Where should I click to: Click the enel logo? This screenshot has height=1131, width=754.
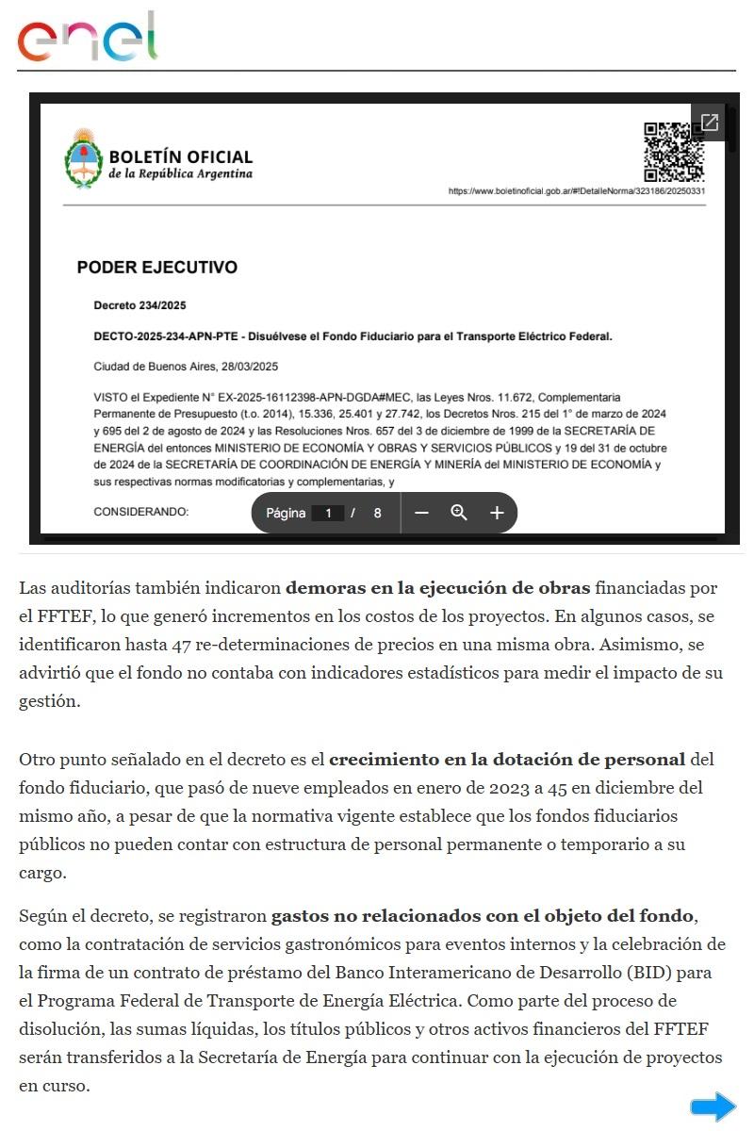(x=87, y=38)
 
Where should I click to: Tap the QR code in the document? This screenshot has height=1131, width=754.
(x=674, y=151)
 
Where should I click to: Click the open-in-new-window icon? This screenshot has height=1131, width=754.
(x=709, y=123)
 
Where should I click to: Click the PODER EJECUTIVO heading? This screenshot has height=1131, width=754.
(x=156, y=268)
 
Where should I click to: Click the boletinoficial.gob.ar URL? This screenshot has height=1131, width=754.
(x=577, y=191)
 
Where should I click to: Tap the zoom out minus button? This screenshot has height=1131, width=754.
(x=421, y=513)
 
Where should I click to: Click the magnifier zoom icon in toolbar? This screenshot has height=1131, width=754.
(x=459, y=513)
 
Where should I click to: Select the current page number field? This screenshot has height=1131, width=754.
(x=328, y=514)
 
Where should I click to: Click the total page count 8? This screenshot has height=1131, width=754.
(x=377, y=514)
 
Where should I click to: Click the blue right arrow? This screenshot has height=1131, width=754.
(x=713, y=1106)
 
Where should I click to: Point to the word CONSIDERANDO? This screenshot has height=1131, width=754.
(x=141, y=512)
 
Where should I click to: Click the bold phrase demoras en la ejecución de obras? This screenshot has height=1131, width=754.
(x=438, y=588)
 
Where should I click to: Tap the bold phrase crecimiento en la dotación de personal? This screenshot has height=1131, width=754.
(x=507, y=759)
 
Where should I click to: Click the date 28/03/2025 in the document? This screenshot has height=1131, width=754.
(x=248, y=366)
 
